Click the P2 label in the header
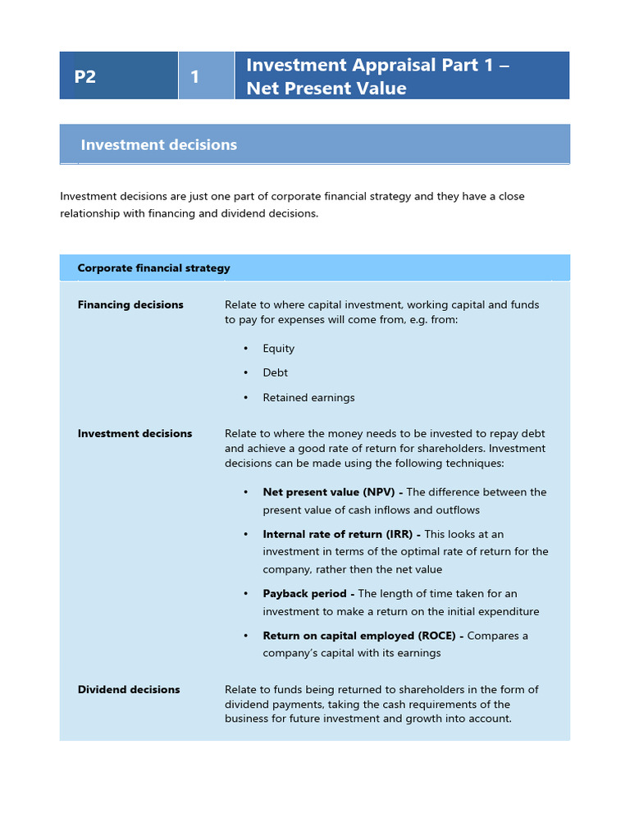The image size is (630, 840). click(85, 77)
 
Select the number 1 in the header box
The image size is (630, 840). click(195, 77)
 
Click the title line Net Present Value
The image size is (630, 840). click(326, 89)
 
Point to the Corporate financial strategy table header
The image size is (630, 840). click(153, 268)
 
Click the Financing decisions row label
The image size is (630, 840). click(130, 305)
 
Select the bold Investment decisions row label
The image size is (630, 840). click(135, 434)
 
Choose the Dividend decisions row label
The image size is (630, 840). click(129, 690)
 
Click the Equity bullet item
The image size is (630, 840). click(278, 349)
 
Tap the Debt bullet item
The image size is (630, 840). click(275, 373)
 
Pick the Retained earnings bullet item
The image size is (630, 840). click(308, 398)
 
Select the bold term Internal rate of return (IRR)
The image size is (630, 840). click(338, 534)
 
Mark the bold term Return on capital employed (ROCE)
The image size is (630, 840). click(359, 636)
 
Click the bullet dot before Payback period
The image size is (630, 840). click(246, 594)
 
